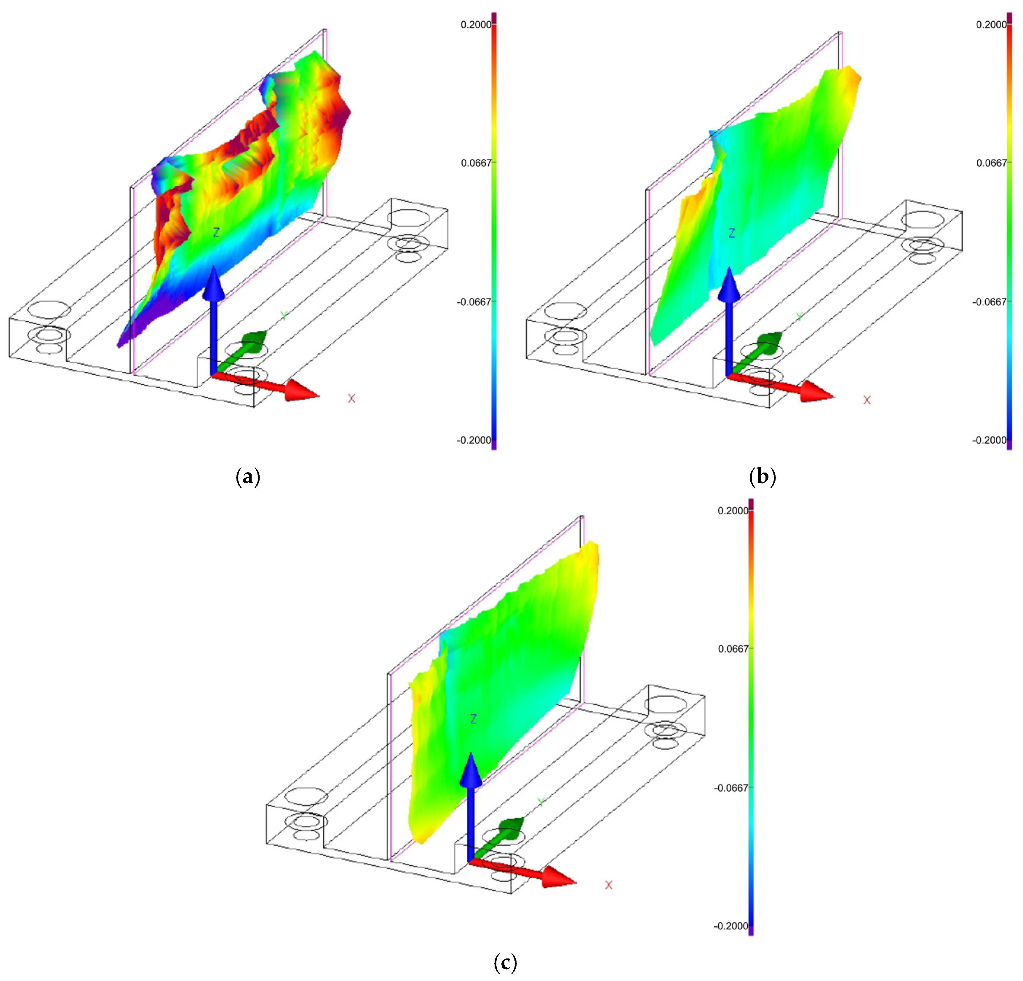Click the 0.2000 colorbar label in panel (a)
point(475,25)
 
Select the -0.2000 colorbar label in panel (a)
point(474,440)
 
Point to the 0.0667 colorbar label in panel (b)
point(991,163)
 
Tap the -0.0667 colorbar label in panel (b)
point(989,302)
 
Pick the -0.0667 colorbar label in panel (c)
point(731,787)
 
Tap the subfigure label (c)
point(505,962)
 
